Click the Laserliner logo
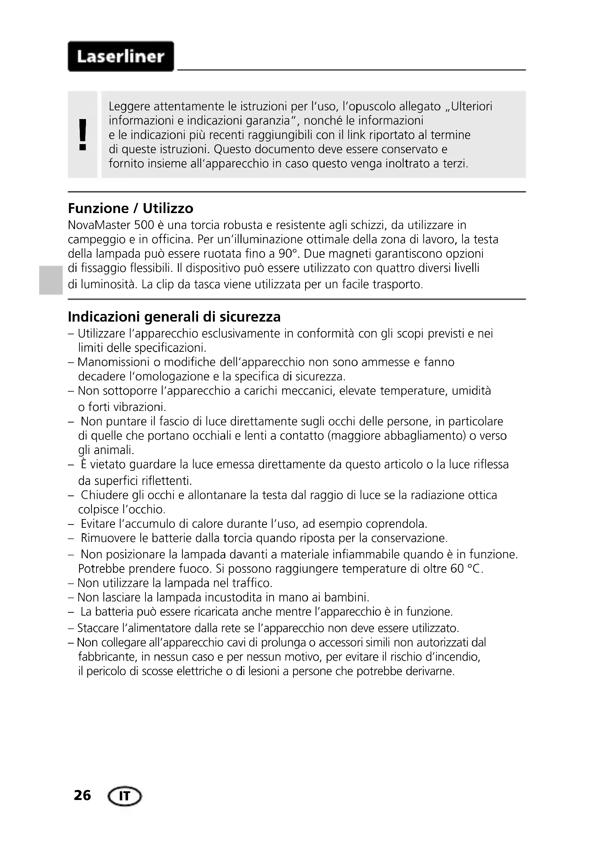coord(121,57)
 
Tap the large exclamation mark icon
coord(83,135)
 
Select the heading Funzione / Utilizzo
coord(131,209)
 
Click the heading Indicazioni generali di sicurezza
coord(174,317)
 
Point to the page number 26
coord(82,795)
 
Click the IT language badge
coord(124,796)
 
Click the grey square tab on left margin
coord(50,279)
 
